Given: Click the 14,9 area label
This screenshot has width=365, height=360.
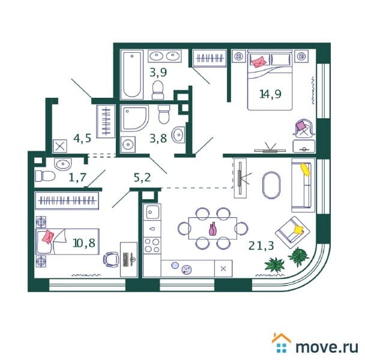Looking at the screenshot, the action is click(270, 94).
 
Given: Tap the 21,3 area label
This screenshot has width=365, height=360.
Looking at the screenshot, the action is click(261, 245).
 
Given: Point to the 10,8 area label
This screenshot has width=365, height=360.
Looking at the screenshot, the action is click(84, 243).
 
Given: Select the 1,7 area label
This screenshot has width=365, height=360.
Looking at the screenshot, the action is click(77, 178).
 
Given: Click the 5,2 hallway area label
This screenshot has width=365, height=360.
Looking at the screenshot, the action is click(142, 178).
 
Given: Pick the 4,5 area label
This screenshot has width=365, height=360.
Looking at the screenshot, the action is click(82, 139).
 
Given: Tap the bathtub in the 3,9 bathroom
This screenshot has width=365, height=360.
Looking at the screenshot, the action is click(131, 74).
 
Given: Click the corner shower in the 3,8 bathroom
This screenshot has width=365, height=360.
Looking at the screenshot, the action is click(134, 119).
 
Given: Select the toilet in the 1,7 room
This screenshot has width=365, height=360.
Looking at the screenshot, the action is click(45, 176).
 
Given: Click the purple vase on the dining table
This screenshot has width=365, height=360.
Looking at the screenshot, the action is click(213, 229).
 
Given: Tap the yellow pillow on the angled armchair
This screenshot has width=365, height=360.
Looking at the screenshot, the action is click(298, 230).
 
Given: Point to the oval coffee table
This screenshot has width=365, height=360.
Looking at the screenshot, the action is click(271, 185).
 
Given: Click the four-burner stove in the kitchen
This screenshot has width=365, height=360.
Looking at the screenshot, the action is click(152, 245).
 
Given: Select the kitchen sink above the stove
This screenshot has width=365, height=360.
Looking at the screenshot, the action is click(152, 212).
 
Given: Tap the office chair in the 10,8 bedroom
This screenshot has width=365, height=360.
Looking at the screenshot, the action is click(110, 259).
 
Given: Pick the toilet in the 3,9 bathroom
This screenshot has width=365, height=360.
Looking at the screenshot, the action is click(158, 90).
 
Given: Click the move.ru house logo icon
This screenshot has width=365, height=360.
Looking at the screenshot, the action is click(281, 343).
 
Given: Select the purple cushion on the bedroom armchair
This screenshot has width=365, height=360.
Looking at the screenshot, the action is click(301, 125).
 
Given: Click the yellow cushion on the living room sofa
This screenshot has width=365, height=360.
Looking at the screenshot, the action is click(305, 169).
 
